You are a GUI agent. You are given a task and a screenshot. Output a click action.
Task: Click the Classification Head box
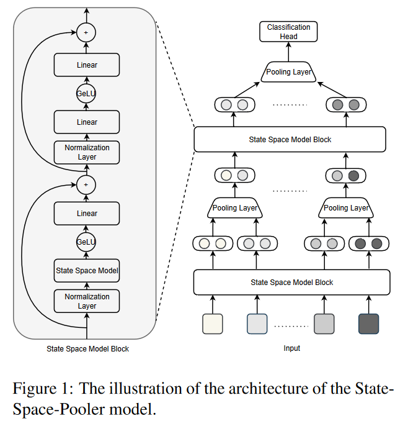tap(288, 32)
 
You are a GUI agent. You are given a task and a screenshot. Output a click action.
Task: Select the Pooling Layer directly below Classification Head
tap(288, 73)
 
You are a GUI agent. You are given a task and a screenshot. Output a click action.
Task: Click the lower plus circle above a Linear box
tap(87, 184)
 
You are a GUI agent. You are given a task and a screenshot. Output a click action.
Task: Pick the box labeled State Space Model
tap(87, 270)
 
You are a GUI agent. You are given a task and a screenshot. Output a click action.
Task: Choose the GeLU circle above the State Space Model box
tap(87, 242)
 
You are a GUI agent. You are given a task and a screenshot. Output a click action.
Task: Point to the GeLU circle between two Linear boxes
tap(87, 93)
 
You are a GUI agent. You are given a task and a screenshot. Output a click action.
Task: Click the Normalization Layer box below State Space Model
tap(87, 301)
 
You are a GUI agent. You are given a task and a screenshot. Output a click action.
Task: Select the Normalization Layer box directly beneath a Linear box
tap(87, 152)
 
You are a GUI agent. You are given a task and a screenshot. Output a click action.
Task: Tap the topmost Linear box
tap(87, 65)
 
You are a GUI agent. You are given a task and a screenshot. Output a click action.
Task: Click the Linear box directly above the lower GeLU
tap(87, 213)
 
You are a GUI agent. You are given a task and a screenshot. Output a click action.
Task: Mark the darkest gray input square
tap(368, 324)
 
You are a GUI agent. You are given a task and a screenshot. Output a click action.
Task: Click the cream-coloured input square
tap(213, 324)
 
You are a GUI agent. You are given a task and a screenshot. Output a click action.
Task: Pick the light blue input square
tap(257, 324)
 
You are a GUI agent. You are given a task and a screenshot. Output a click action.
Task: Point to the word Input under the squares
tap(291, 348)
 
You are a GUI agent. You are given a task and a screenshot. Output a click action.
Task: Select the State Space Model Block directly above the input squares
tap(292, 283)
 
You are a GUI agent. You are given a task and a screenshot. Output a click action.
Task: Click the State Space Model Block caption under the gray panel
tap(87, 349)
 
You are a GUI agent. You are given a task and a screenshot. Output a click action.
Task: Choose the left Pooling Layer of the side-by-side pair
tap(235, 208)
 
